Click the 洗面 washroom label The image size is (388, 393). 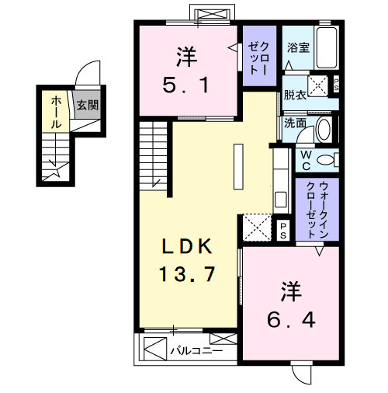pos(295,122)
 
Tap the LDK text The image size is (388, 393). pos(185,247)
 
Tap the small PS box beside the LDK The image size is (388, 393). pos(283,229)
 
